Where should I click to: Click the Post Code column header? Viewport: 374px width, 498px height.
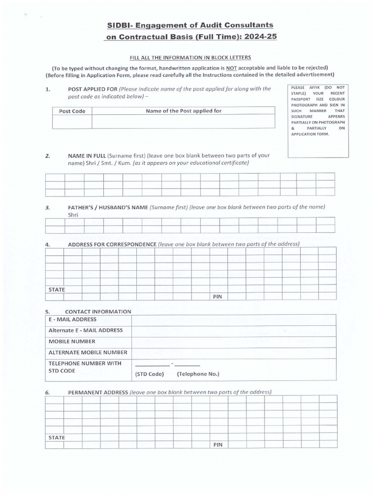click(72, 111)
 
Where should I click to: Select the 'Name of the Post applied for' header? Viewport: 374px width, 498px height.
click(184, 111)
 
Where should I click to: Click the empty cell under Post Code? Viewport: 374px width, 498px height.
click(72, 122)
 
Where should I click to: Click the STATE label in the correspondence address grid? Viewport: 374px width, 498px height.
click(56, 289)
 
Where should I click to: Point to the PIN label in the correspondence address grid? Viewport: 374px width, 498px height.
click(218, 297)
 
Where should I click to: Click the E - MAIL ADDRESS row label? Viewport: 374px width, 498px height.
click(73, 320)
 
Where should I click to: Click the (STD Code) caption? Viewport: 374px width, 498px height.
click(149, 374)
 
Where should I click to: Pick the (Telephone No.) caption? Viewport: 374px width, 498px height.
click(198, 374)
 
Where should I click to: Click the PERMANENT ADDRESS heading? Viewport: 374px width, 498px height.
click(98, 392)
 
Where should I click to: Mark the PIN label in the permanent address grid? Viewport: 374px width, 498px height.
click(218, 445)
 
